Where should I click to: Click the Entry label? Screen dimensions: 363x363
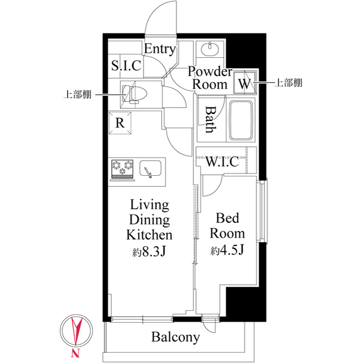point(159,49)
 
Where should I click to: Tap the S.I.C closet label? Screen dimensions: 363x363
point(125,66)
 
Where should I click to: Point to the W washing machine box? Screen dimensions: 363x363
point(245,83)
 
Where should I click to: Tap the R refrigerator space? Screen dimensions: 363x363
point(120,123)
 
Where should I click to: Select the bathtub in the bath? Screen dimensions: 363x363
point(241,120)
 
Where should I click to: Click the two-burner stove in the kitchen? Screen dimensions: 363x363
point(123,169)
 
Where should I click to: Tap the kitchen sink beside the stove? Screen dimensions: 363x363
point(150,170)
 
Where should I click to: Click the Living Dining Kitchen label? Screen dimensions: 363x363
point(149,220)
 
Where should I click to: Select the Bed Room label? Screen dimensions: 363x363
point(229,226)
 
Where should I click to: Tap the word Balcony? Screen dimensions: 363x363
point(175,337)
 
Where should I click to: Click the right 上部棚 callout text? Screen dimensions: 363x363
point(288,83)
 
